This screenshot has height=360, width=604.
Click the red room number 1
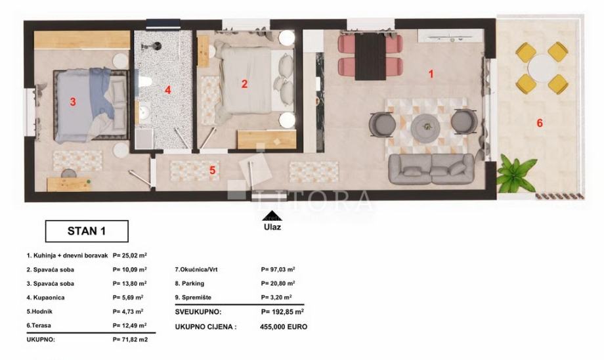(431, 74)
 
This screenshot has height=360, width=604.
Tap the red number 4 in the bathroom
(167, 90)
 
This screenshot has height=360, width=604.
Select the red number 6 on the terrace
(540, 123)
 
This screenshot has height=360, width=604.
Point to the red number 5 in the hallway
(212, 170)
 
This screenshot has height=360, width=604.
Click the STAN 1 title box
(87, 231)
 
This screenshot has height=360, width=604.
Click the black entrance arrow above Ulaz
(272, 216)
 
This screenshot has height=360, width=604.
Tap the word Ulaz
(272, 227)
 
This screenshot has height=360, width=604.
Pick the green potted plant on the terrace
(516, 174)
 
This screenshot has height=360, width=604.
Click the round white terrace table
(542, 68)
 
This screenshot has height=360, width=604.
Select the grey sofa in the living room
(431, 169)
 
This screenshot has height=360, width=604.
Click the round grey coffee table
(425, 127)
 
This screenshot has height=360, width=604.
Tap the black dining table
(370, 56)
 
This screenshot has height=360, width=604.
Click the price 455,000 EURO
(284, 327)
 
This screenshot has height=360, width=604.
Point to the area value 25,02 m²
(129, 255)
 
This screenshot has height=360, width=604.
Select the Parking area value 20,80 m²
(278, 283)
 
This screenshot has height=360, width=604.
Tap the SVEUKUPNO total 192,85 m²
(282, 312)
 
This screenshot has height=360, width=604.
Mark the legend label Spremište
(193, 297)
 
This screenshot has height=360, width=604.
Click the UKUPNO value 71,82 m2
(130, 340)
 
